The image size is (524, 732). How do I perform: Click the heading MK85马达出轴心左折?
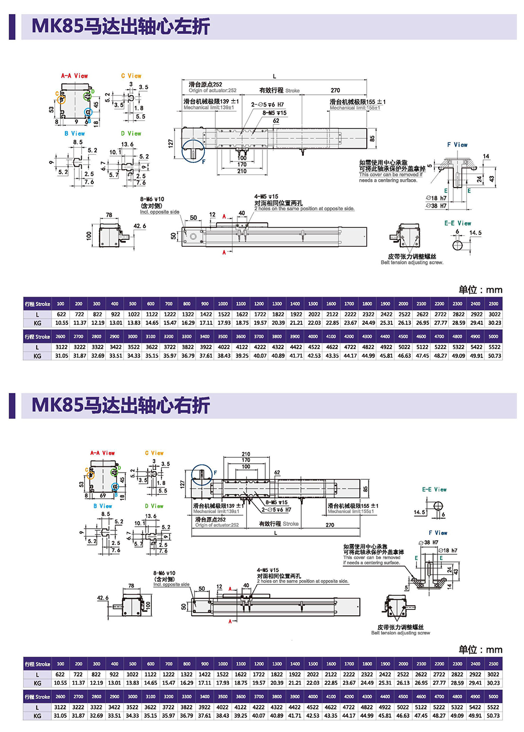point(121,27)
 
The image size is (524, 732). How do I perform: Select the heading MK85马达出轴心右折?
point(121,406)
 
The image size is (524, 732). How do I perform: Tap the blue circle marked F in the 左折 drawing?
point(193,152)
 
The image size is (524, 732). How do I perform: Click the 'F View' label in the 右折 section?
point(438,533)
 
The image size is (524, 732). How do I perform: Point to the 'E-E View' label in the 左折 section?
point(457,223)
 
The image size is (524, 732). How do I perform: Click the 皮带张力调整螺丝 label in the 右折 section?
point(400,627)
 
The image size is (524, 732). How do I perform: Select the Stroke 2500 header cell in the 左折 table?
point(493,304)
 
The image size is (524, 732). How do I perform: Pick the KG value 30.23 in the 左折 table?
point(494,323)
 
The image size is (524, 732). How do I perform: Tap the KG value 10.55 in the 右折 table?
point(61,683)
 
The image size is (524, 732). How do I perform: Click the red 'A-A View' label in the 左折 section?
point(74,76)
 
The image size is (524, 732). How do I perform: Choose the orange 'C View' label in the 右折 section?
point(154,453)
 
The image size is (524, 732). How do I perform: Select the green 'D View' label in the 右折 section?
point(154,506)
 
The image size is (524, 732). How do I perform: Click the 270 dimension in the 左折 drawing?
point(335,90)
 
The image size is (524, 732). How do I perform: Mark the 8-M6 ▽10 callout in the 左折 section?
point(152,200)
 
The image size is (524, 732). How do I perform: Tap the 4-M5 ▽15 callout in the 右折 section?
point(268,570)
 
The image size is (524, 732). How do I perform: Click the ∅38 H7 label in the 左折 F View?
point(436,206)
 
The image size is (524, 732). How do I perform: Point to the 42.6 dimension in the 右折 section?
point(103,598)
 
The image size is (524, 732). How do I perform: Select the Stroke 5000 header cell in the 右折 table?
point(493,697)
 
